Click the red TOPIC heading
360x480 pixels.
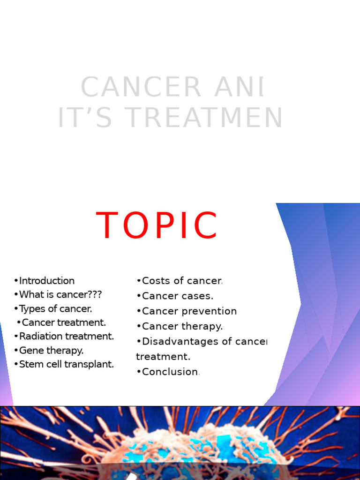[157, 226]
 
